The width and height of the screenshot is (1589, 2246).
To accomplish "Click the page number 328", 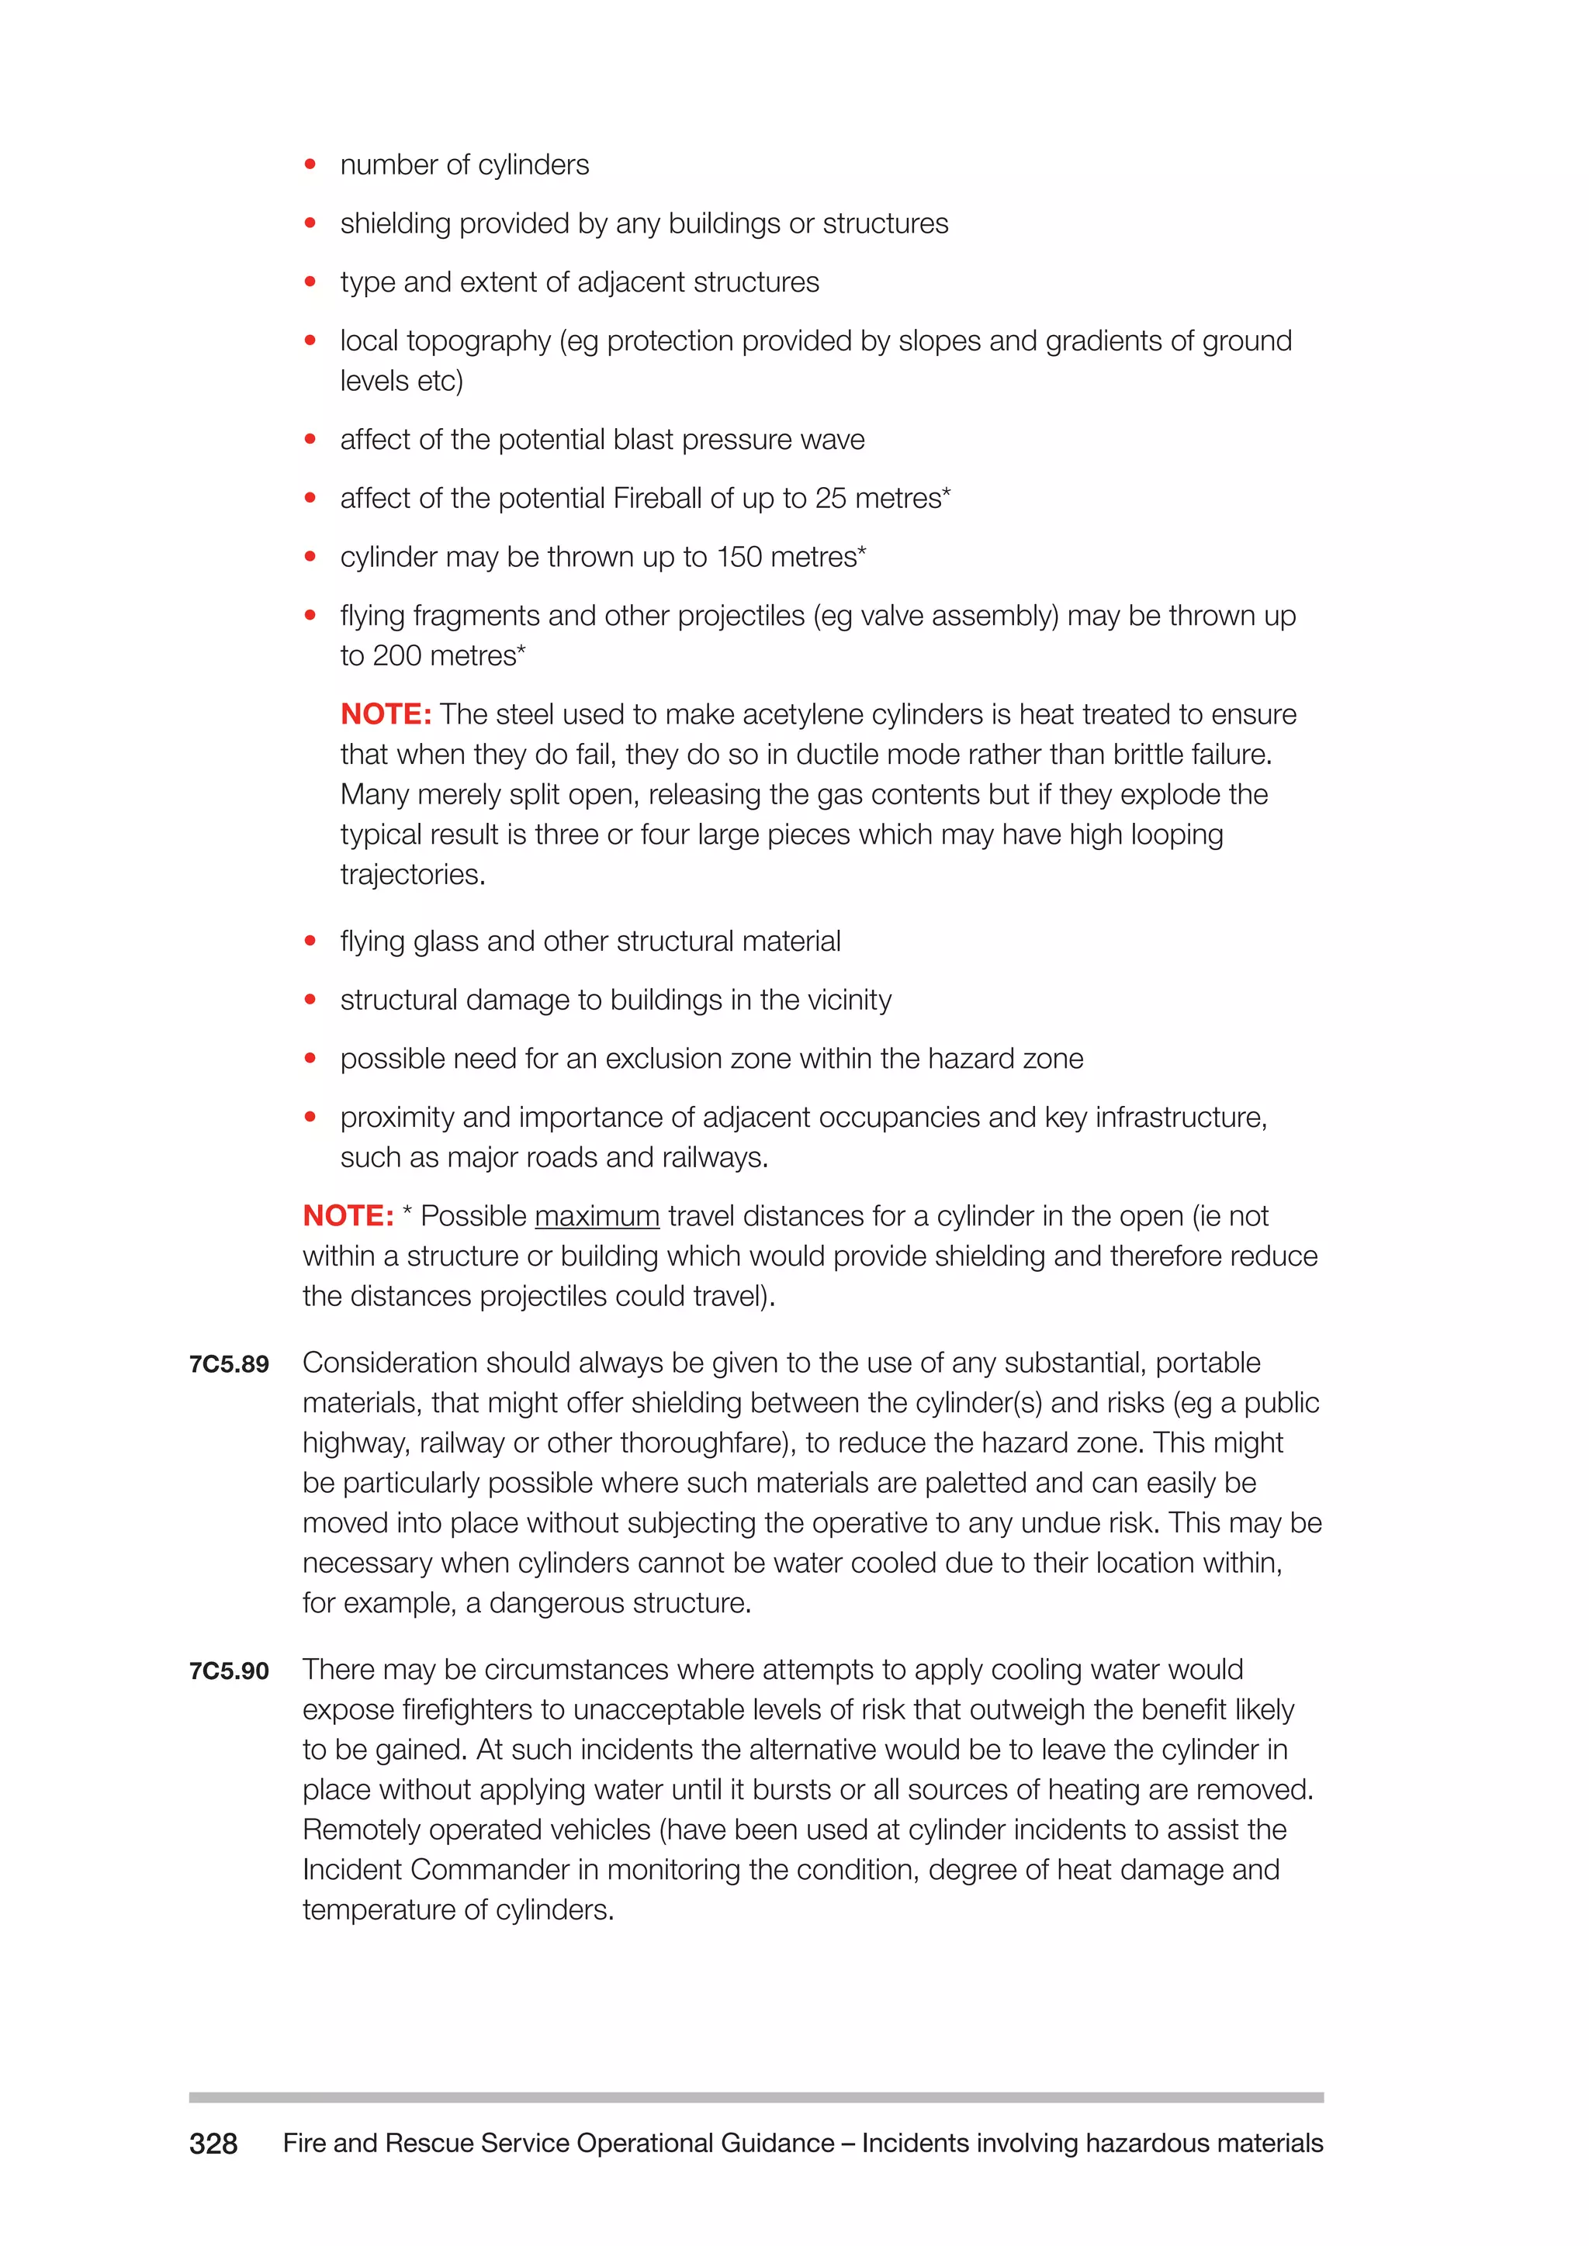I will coord(213,2144).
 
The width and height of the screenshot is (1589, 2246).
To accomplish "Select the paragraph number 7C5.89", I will coord(229,1365).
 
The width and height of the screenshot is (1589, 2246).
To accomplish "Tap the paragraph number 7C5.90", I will coord(229,1672).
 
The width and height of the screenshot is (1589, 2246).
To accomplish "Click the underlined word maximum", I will coord(597,1216).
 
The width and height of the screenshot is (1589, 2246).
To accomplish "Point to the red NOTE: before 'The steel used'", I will coord(386,714).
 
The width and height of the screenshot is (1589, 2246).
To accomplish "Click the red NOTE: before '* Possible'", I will coord(348,1216).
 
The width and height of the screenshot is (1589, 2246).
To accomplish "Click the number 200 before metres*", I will coord(396,655).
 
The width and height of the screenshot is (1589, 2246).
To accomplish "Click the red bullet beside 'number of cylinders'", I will coord(310,164).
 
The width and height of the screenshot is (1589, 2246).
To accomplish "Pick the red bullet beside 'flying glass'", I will coord(310,941).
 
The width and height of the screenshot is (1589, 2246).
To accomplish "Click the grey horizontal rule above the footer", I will coord(756,2097).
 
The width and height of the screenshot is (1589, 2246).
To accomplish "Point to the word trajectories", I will coord(412,875).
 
